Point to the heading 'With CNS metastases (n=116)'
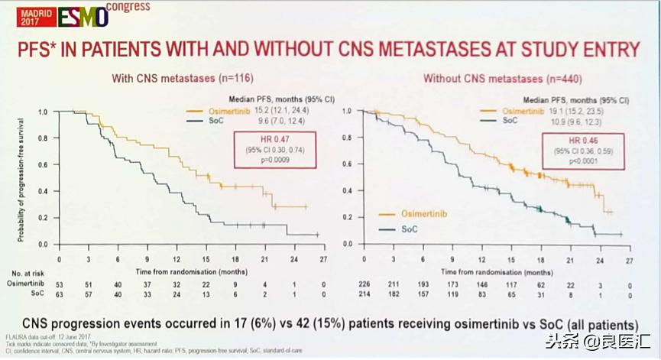coord(182,78)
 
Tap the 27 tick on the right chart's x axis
coord(630,260)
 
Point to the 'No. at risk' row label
coord(28,272)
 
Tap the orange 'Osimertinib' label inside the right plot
coord(408,215)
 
